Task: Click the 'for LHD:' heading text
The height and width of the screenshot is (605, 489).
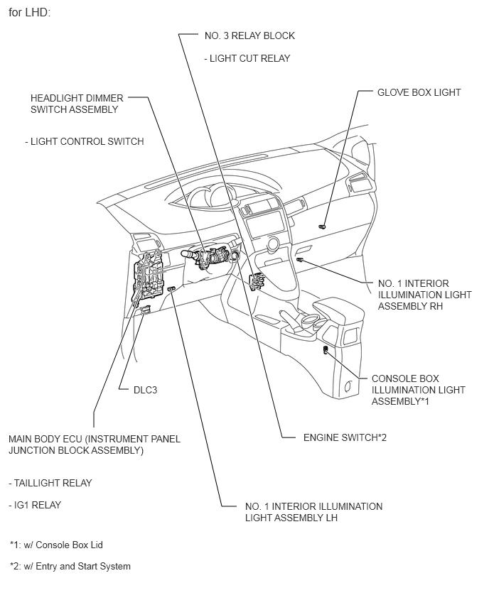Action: (29, 13)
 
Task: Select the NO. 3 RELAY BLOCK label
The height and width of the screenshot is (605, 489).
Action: (249, 36)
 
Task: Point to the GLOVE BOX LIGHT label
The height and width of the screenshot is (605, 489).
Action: (419, 92)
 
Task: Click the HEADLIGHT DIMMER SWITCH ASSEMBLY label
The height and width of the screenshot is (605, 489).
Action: (75, 104)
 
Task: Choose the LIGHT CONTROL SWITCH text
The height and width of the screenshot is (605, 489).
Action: (85, 141)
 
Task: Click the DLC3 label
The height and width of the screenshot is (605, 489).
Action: (145, 390)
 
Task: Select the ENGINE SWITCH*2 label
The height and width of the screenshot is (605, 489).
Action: (345, 437)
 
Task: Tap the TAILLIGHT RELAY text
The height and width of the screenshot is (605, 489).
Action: (50, 483)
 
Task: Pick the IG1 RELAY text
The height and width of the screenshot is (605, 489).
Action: (35, 505)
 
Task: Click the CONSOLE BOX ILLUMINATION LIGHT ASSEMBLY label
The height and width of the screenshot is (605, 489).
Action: (418, 390)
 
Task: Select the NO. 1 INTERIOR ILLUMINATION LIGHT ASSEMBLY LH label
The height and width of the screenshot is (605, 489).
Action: (313, 512)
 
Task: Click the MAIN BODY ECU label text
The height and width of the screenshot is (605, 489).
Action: (94, 445)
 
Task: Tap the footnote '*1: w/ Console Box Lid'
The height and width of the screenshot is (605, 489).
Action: (60, 545)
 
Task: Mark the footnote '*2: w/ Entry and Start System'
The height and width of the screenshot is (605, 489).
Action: (70, 566)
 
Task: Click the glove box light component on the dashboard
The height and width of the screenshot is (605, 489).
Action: (322, 226)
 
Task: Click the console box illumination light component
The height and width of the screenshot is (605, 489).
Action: (326, 350)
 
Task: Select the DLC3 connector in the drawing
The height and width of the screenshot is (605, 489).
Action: (145, 310)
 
